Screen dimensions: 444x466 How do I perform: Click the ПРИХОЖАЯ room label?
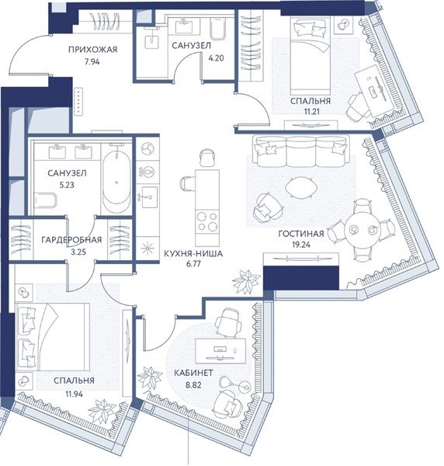92,50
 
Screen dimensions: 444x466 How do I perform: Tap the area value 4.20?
216,58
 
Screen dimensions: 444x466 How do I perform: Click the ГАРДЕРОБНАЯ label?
71,239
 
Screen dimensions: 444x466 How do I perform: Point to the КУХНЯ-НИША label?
193,253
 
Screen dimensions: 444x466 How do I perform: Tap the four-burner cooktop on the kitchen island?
207,221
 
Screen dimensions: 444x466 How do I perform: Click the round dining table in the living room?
362,229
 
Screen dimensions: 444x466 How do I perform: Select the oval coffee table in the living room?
301,188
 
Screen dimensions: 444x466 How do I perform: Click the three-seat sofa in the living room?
300,151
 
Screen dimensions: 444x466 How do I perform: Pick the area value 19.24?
301,245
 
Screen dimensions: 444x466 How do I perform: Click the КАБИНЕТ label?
193,373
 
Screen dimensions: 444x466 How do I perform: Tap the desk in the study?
220,351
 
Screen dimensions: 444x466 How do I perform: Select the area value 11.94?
74,394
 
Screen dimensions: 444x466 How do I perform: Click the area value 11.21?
311,111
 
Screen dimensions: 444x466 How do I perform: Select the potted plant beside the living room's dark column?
247,281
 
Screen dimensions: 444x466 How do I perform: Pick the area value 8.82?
193,385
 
